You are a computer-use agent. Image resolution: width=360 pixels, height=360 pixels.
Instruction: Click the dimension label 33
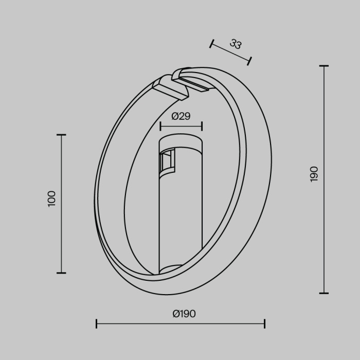tap(236, 44)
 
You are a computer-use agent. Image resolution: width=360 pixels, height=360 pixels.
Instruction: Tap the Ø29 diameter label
tap(181, 116)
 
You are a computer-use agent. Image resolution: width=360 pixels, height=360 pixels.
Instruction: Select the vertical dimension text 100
tap(51, 199)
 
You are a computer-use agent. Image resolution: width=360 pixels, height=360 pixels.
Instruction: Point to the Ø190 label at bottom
tap(184, 314)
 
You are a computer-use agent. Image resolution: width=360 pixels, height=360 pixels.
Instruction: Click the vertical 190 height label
tap(314, 174)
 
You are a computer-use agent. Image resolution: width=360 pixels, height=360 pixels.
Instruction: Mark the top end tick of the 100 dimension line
tap(61, 135)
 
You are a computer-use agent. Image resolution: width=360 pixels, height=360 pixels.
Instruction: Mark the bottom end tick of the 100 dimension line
tap(61, 273)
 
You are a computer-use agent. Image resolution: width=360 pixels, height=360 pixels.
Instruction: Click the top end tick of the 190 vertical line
tap(323, 66)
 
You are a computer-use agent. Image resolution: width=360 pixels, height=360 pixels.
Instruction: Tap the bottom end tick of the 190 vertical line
tap(323, 293)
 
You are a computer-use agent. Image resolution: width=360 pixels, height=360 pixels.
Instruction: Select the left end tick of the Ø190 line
tap(97, 323)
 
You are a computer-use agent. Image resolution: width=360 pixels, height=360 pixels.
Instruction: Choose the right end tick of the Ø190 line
tap(264, 323)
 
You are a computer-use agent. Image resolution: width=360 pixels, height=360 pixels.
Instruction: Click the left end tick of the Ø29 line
tap(160, 126)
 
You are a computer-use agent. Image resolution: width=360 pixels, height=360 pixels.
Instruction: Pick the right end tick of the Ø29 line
tap(202, 126)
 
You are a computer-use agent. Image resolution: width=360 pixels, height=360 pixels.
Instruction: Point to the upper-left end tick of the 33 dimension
tap(211, 44)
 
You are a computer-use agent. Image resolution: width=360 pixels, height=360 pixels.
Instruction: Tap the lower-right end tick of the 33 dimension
tap(249, 61)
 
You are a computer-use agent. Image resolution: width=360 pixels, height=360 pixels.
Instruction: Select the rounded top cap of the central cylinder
tap(181, 141)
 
